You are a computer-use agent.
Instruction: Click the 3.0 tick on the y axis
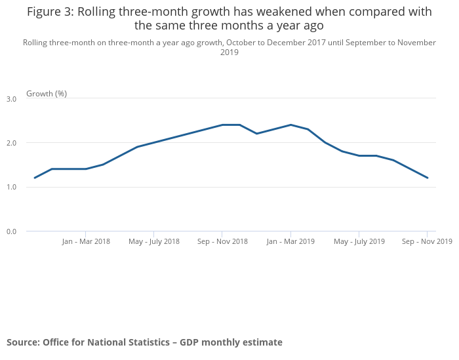[11, 99]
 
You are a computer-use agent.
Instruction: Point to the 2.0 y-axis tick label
[11, 143]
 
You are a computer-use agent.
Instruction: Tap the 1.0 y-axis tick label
[11, 188]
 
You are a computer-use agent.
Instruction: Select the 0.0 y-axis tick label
[11, 231]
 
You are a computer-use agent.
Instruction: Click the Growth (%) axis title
[47, 94]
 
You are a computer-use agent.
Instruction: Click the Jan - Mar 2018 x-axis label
[86, 241]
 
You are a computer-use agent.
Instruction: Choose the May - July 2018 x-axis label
[154, 241]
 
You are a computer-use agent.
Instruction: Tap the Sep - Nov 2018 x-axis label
[222, 241]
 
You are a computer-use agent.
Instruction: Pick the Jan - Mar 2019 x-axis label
[290, 241]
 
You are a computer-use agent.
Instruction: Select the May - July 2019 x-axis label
[359, 241]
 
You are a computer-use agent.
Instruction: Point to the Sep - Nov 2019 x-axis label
[427, 241]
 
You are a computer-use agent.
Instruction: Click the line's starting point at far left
[35, 178]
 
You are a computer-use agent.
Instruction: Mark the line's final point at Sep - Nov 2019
[428, 178]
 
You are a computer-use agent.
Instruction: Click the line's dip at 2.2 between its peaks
[256, 134]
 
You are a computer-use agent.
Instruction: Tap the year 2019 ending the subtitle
[229, 52]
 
